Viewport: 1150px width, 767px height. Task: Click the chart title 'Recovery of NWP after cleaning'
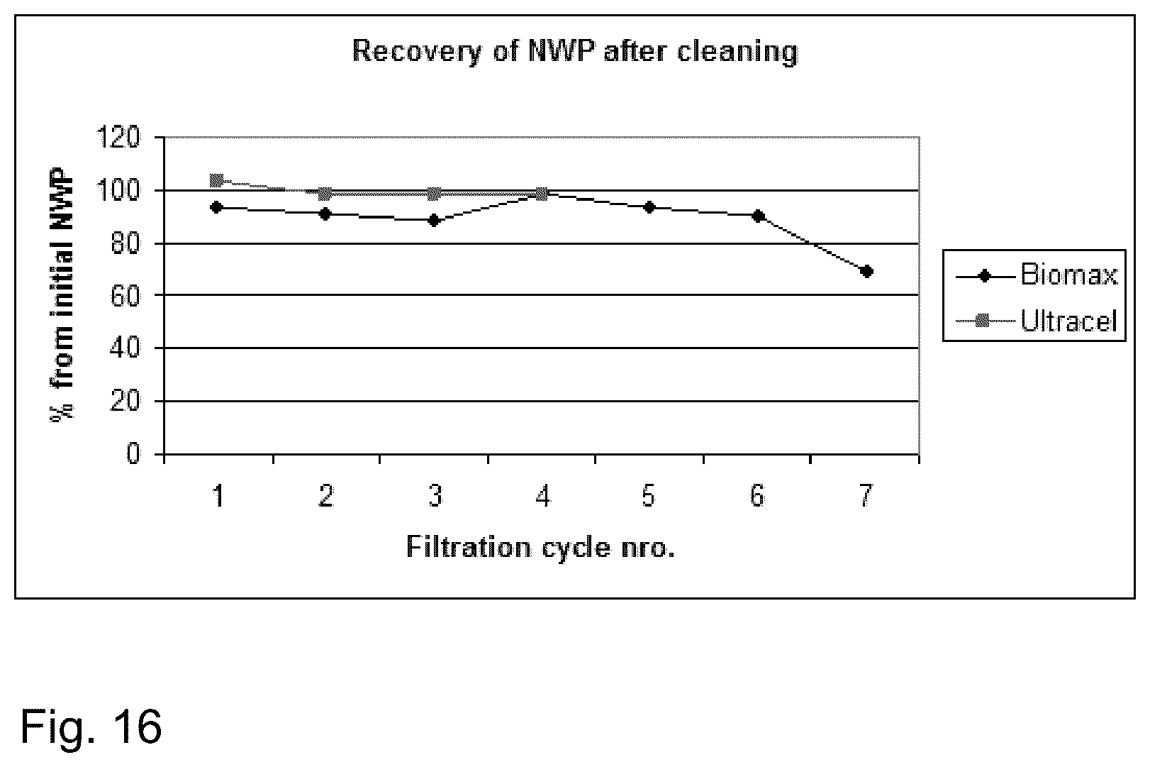click(575, 52)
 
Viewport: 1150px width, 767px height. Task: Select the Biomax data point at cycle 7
click(866, 271)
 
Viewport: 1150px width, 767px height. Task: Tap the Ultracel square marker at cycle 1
click(217, 180)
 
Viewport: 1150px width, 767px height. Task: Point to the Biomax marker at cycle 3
click(434, 221)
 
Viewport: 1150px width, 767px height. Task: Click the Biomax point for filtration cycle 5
click(649, 207)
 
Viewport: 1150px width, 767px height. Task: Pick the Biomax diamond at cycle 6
click(759, 216)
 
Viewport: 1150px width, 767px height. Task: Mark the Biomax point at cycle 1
click(217, 207)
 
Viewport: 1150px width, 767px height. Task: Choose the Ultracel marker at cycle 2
click(325, 194)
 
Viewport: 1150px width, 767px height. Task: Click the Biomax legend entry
click(1036, 275)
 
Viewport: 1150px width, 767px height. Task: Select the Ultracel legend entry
click(1036, 321)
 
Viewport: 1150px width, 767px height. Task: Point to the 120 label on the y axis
click(118, 138)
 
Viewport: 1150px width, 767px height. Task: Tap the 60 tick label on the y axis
click(125, 295)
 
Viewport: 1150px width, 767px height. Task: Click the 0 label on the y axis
click(133, 453)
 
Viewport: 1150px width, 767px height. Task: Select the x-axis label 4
click(542, 496)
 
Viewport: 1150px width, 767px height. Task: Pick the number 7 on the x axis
click(866, 496)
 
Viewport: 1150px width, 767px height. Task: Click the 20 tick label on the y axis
click(125, 401)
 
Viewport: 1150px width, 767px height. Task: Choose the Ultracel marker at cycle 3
click(434, 194)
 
